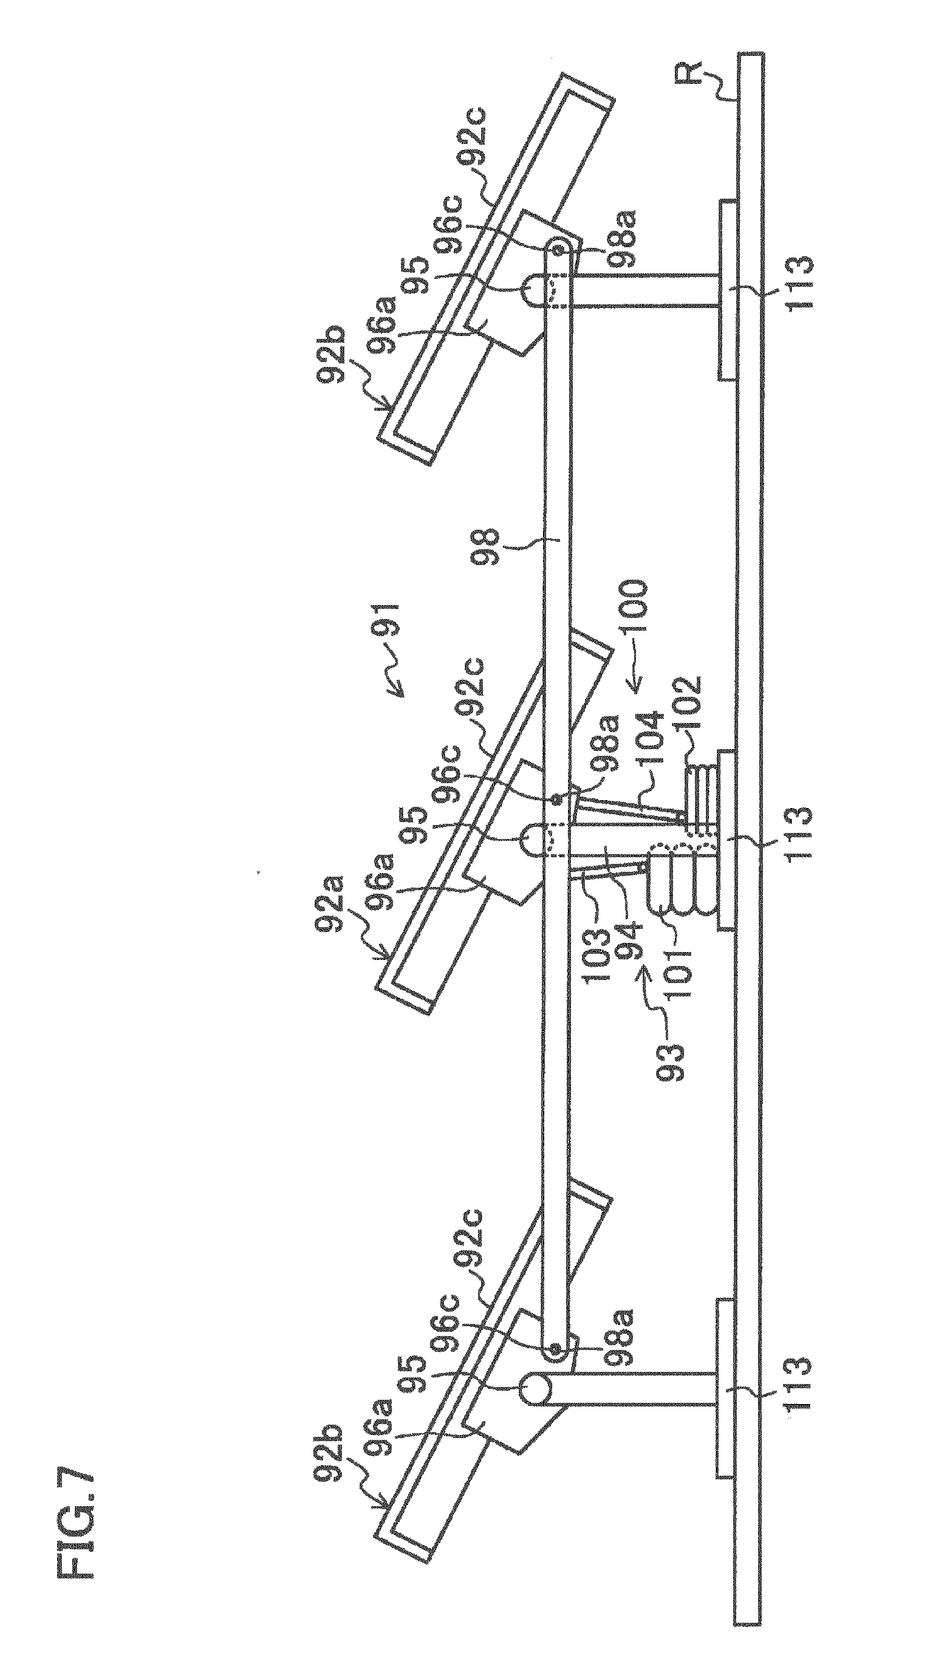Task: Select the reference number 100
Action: (x=634, y=605)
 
